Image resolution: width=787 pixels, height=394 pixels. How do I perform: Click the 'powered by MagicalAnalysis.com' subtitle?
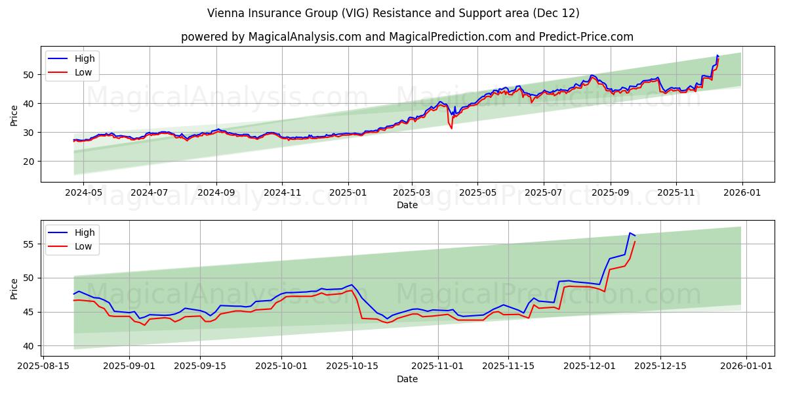[x=407, y=37]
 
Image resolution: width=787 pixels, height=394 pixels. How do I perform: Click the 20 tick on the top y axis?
[x=28, y=162]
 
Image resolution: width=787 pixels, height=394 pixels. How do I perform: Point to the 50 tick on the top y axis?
[x=28, y=75]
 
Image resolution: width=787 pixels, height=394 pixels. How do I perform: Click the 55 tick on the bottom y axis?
[x=28, y=244]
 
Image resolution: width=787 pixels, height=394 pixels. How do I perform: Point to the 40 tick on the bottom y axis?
[x=28, y=346]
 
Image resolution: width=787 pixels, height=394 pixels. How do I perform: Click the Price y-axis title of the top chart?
[x=14, y=114]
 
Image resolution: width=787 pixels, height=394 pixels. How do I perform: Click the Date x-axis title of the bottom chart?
[x=407, y=379]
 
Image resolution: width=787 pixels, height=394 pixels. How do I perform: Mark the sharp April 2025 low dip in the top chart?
[x=451, y=127]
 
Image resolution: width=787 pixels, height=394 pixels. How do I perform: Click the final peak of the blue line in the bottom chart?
[x=630, y=233]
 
